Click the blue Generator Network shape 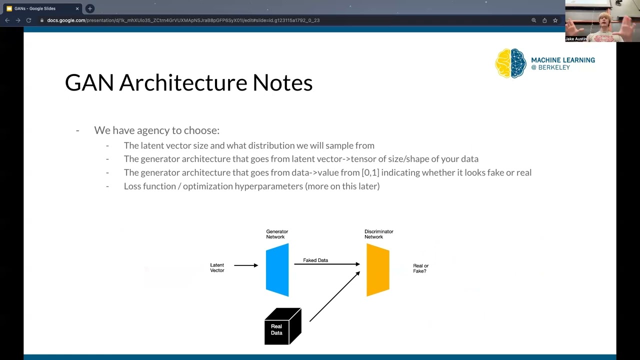point(277,270)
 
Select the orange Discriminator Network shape point(377,270)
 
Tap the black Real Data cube point(282,327)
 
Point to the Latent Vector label point(217,268)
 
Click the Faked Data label point(315,260)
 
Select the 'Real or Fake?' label point(420,268)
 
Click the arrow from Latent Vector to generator point(245,265)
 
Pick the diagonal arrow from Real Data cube point(334,297)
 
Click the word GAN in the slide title point(89,82)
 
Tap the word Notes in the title point(282,82)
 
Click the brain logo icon point(510,63)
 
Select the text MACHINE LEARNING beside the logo point(563,60)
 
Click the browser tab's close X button point(77,8)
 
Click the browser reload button point(28,20)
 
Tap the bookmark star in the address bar point(555,20)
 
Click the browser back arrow point(7,20)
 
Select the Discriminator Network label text point(378,234)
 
